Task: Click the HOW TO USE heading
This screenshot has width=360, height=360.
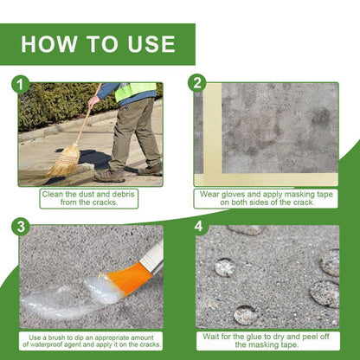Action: [x=98, y=44]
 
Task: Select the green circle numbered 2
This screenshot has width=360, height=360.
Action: [x=198, y=83]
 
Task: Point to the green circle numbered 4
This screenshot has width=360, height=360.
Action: [x=198, y=227]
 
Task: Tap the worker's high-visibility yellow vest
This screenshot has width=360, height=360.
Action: [x=136, y=91]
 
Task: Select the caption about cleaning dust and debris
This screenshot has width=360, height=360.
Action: [x=90, y=199]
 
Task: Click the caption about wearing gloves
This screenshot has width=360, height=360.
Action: [x=267, y=199]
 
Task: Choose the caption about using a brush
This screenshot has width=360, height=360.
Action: [x=90, y=342]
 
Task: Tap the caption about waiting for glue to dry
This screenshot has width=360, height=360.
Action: [x=267, y=342]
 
